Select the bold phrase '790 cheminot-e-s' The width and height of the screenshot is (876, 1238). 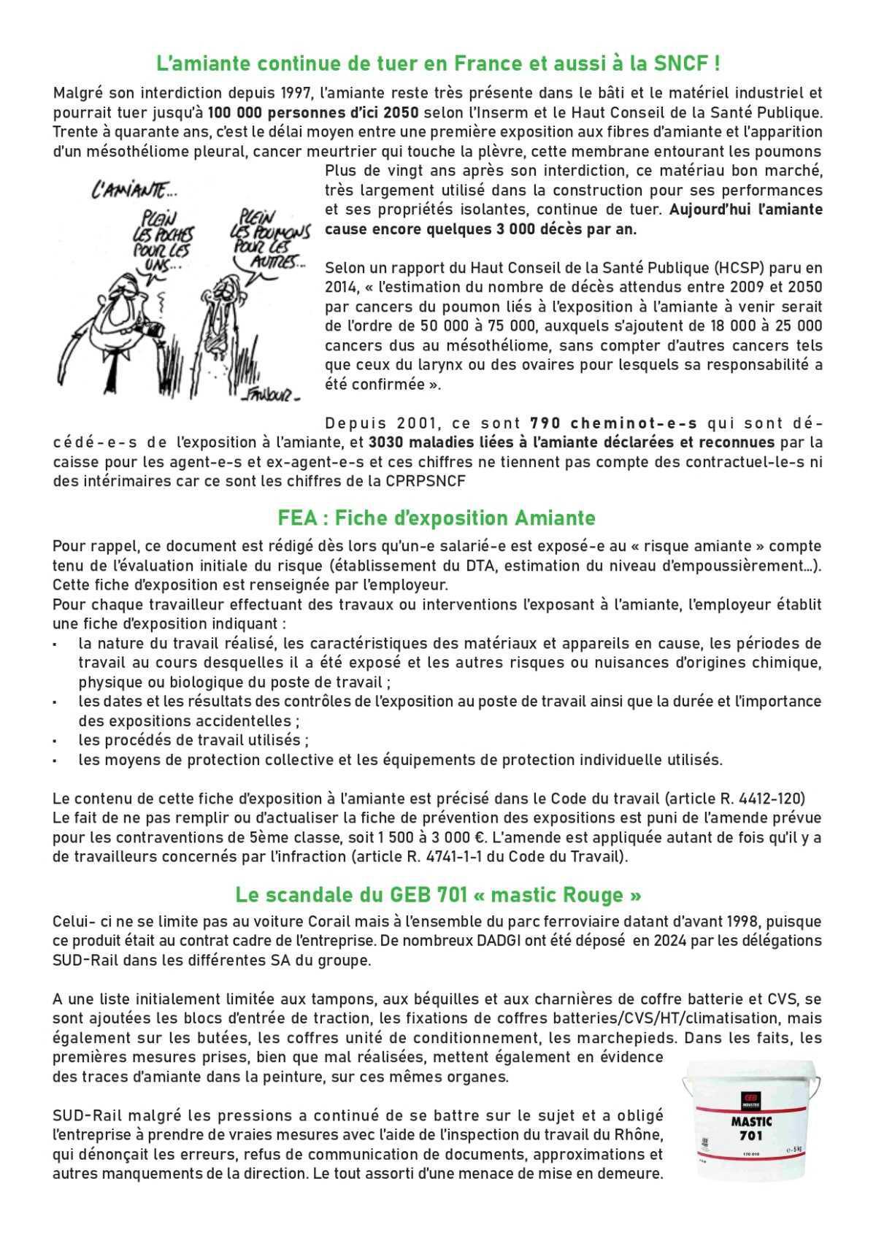click(x=614, y=423)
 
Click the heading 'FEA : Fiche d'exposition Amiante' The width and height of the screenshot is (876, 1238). click(x=437, y=518)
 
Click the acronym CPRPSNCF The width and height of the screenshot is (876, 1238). click(x=423, y=481)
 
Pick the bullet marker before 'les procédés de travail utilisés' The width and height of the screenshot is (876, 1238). click(x=55, y=741)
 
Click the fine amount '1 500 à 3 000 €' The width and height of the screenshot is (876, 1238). click(x=524, y=837)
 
